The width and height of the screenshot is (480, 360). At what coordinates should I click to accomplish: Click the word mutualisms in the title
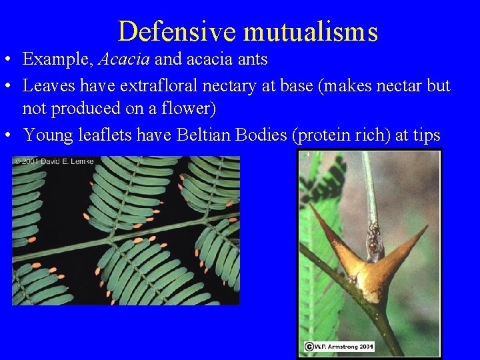coord(311,31)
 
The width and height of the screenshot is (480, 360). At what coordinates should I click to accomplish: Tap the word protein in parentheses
coord(321,135)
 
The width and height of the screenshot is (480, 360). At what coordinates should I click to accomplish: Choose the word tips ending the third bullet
coord(426,135)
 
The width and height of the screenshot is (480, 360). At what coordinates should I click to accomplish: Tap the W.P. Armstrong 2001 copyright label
coord(339,346)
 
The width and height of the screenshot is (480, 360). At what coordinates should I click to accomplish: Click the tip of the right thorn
coord(426,227)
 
